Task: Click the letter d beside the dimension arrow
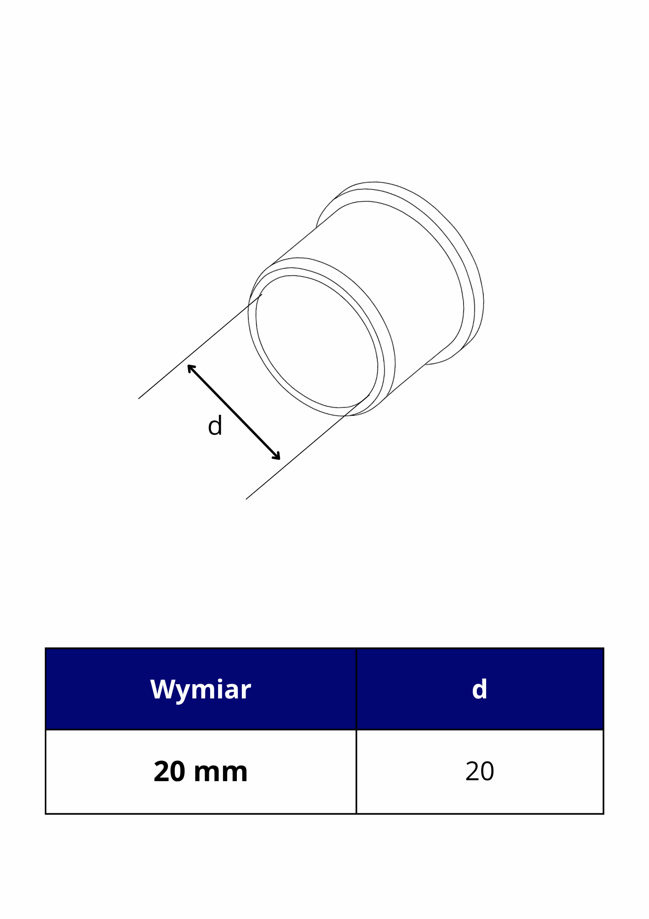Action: coord(215,426)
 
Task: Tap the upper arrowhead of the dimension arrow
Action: coord(191,368)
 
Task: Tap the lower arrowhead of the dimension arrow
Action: coord(276,456)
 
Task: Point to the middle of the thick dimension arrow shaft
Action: coord(234,412)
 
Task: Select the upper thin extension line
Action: coord(200,346)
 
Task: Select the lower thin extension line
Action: coord(308,447)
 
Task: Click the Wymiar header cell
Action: coord(201,689)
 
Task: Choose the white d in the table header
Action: coord(480,689)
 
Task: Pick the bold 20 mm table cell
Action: coord(201,772)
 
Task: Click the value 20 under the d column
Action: coord(480,772)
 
